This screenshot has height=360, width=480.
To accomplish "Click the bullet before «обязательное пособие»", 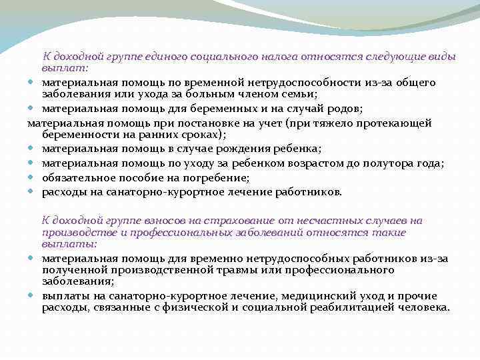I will [x=33, y=178].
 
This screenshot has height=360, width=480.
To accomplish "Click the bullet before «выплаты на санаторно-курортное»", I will [x=33, y=295].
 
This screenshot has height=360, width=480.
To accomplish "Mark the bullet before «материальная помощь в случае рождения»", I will [x=33, y=148].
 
